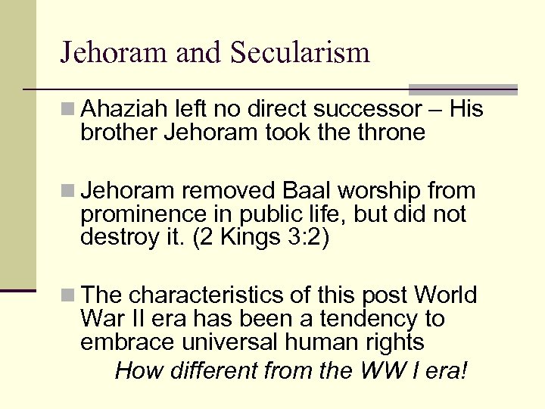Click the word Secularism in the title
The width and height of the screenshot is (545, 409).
pyautogui.click(x=300, y=52)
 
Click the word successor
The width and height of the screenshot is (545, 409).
pyautogui.click(x=376, y=110)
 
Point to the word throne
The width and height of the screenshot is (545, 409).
pyautogui.click(x=392, y=133)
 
